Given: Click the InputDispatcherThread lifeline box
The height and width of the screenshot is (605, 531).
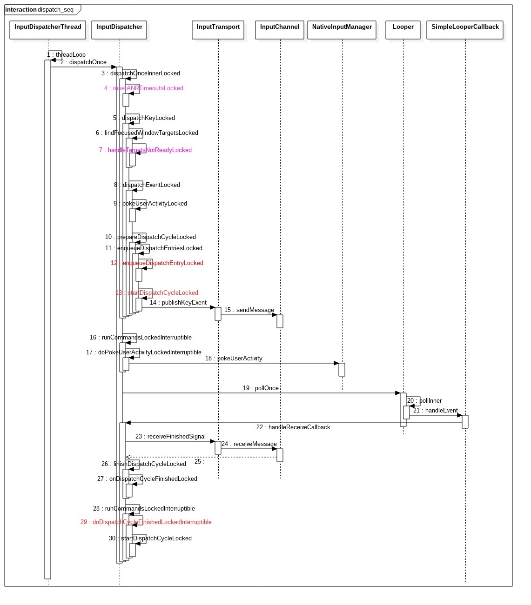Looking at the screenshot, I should click(47, 30).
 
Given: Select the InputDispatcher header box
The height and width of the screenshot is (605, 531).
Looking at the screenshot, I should click(119, 30).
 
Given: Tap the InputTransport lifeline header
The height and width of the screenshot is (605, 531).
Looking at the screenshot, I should click(218, 30).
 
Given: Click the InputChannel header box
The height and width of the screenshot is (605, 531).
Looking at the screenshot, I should click(280, 30).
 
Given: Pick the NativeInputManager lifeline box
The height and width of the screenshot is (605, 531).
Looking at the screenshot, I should click(342, 30).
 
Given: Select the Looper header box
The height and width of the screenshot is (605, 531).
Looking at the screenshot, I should click(403, 30).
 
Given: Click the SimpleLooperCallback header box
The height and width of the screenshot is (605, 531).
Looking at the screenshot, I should click(465, 30).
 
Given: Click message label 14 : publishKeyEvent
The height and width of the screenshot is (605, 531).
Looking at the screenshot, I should click(178, 303).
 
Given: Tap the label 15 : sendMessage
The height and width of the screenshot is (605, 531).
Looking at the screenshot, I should click(249, 310).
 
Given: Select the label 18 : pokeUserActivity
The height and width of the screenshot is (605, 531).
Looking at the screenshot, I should click(234, 359).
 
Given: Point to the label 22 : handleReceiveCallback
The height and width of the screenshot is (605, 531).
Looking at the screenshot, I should click(293, 427).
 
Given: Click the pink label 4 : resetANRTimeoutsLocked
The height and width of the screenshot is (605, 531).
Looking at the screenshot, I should click(144, 88).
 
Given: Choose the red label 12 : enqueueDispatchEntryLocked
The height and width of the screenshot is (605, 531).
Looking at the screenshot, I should click(157, 263).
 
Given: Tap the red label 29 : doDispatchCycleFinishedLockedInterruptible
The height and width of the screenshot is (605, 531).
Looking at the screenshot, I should click(146, 522).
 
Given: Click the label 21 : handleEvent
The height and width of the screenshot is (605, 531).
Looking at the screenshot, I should click(436, 411).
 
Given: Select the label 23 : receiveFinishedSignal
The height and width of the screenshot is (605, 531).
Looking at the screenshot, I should click(170, 437).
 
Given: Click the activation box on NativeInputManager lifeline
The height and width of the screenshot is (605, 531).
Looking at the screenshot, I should click(342, 370).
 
